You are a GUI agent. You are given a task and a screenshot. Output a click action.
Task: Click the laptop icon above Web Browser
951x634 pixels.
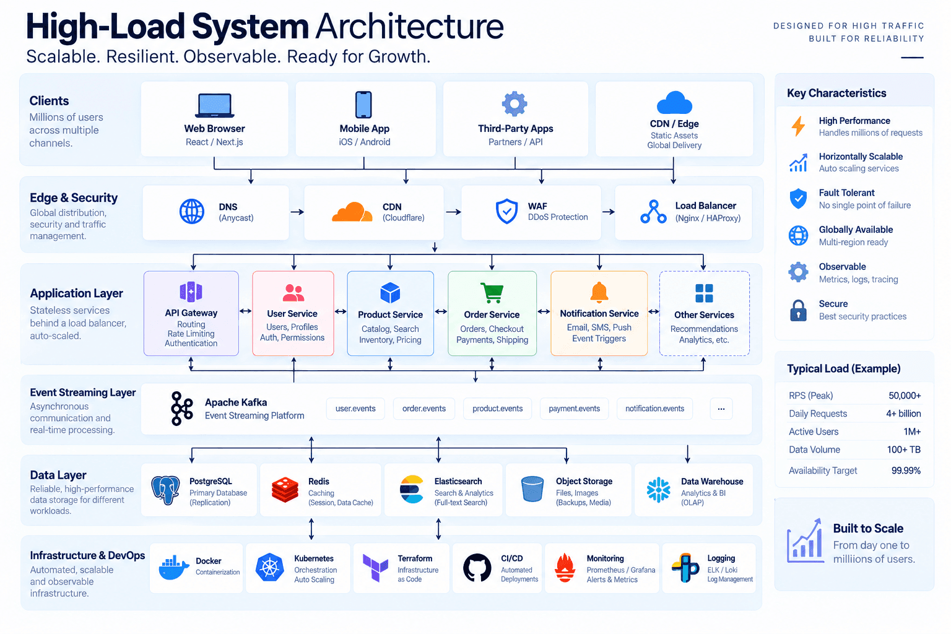(214, 105)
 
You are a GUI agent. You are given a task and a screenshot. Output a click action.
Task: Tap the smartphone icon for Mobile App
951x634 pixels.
(363, 105)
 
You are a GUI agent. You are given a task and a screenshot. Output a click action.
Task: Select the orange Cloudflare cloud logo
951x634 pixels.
(352, 212)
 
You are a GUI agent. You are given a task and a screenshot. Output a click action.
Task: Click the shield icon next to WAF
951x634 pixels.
(506, 211)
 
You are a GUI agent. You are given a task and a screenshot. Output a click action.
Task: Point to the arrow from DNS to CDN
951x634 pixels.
(297, 212)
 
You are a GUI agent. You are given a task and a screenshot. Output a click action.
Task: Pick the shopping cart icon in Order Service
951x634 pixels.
(492, 293)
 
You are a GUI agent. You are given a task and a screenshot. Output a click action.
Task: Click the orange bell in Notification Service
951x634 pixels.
(599, 293)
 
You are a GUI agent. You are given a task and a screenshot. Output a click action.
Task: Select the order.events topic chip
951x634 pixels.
(424, 409)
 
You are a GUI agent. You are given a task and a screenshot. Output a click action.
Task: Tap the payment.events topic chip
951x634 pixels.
(574, 409)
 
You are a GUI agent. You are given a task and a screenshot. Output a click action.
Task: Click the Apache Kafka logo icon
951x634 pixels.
(181, 409)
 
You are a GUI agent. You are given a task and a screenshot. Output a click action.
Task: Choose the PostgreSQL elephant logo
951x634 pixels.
(165, 490)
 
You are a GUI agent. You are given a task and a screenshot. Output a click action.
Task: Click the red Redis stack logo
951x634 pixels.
(285, 490)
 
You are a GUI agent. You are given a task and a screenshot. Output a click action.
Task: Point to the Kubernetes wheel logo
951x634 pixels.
(269, 567)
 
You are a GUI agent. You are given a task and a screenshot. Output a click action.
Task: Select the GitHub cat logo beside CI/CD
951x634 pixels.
(477, 567)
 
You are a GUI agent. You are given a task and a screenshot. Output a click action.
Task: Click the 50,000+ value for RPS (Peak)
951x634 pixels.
(905, 396)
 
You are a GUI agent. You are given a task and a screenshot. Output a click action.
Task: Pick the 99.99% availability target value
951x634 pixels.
(906, 471)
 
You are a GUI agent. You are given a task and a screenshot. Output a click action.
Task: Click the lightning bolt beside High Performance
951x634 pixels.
(798, 126)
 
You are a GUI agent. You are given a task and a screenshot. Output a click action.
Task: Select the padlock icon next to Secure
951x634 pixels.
(798, 310)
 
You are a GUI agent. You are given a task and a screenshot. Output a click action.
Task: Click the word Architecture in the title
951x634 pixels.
(409, 27)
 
